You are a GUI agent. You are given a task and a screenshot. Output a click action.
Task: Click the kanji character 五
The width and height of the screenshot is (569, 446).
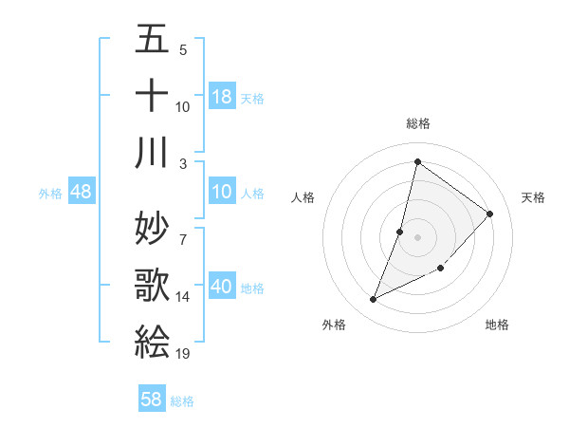point(152,42)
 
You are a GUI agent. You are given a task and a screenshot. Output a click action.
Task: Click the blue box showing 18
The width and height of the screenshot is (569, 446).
point(222,97)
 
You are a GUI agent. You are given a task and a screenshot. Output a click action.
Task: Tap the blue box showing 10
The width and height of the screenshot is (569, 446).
point(222,193)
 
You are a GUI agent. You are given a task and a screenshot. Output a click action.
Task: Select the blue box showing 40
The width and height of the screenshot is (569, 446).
point(222,288)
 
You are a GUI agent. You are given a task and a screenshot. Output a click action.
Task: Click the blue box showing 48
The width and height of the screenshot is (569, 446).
point(82,193)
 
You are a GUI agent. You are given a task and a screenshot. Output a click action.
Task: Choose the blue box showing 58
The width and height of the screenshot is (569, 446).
point(152,400)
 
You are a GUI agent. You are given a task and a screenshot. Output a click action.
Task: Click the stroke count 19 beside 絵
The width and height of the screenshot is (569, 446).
point(183,354)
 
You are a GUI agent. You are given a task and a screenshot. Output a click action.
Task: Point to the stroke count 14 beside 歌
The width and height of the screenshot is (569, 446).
point(183,297)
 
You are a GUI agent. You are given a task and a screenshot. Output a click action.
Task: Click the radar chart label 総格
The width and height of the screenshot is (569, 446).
point(417,123)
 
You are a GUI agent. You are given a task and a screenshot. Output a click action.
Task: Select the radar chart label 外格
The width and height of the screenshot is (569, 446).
point(334,325)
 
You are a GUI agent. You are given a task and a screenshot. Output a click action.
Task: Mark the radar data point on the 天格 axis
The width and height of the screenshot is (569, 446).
point(490,214)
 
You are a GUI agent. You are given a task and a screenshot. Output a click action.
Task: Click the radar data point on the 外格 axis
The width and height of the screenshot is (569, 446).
point(374,300)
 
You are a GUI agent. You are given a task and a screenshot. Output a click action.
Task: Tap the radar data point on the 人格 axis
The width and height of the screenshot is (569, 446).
point(400,232)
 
